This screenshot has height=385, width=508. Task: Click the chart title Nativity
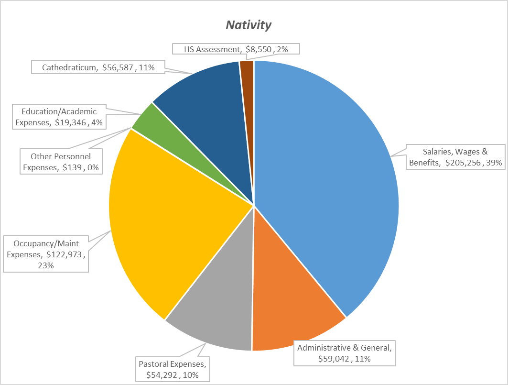pos(248,25)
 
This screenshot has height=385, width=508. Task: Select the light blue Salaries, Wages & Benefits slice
pos(330,182)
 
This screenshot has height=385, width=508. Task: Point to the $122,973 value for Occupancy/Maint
pos(66,255)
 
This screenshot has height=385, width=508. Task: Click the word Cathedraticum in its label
pos(69,67)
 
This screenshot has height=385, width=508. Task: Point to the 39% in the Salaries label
pos(493,163)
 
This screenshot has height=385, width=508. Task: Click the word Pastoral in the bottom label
pos(153,364)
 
